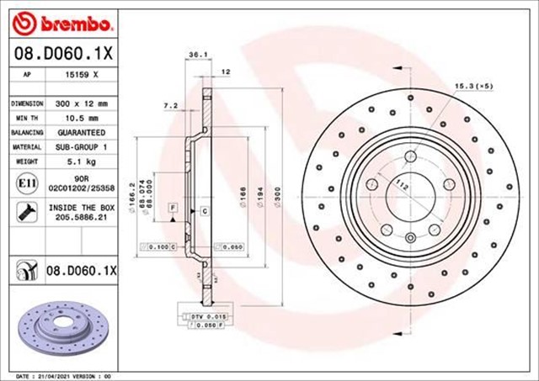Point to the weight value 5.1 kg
point(83,162)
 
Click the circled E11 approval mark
point(25,183)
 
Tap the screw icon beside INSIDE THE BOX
point(25,211)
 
